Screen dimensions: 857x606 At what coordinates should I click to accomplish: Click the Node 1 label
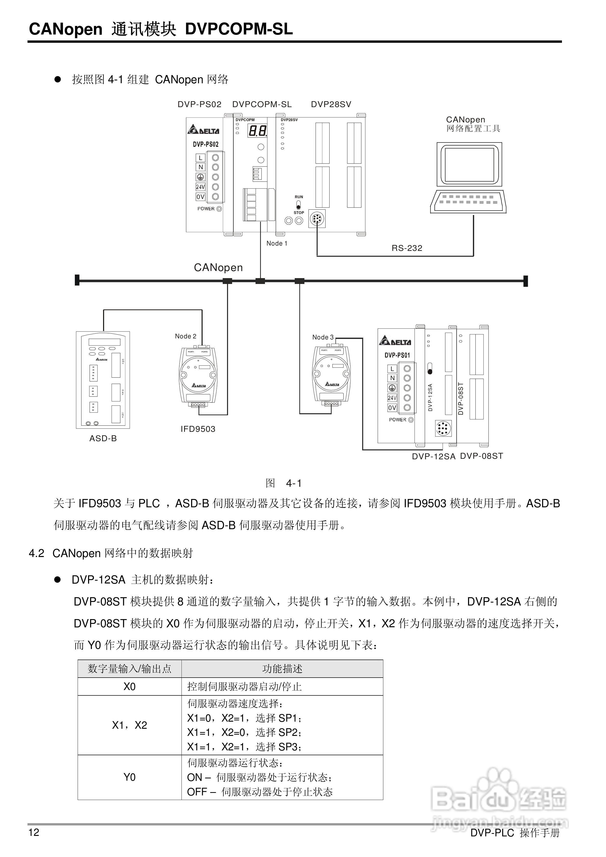[x=277, y=243]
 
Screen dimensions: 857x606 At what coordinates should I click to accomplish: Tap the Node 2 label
[x=186, y=336]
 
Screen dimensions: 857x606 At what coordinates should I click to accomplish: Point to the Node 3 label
[x=323, y=337]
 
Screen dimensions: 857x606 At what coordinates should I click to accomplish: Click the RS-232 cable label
[x=407, y=248]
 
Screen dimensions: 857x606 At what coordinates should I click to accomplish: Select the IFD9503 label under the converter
[x=198, y=429]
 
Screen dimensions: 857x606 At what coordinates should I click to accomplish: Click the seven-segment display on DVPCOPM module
[x=258, y=131]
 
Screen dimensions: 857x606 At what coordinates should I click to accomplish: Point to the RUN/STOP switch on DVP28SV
[x=298, y=205]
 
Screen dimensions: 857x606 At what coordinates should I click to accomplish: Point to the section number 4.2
[x=37, y=553]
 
